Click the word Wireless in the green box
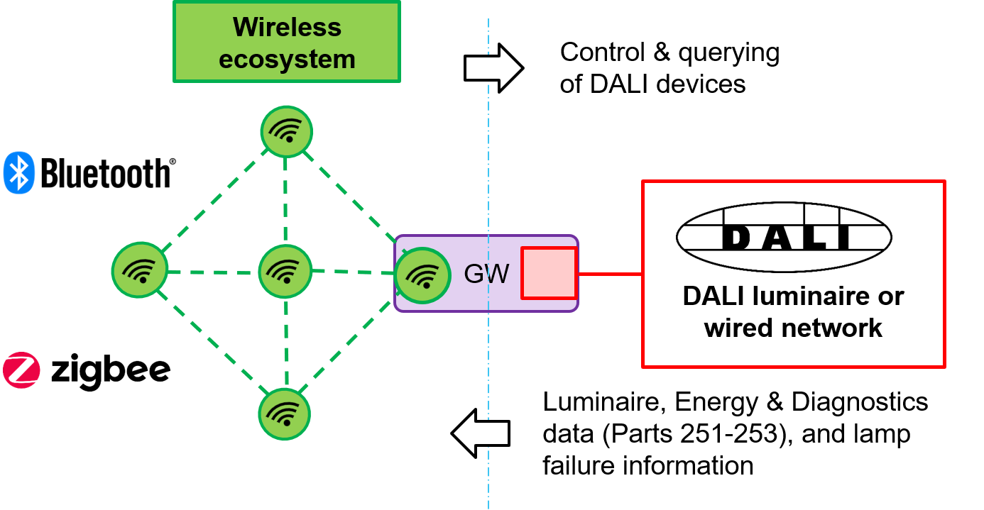287,27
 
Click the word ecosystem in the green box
287,59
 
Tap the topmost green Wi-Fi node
287,131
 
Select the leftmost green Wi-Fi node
140,270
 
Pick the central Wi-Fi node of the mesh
285,271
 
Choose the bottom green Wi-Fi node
285,414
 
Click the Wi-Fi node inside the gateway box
423,275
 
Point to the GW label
486,274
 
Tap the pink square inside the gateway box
549,273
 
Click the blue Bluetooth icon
19,172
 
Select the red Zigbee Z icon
21,370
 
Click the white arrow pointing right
493,68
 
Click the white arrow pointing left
481,433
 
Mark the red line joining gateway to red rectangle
610,274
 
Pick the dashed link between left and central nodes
213,272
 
